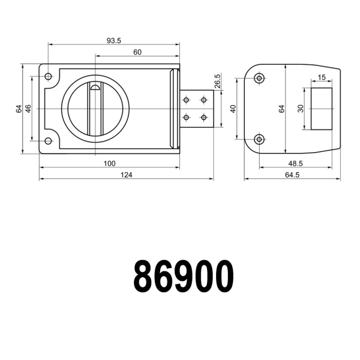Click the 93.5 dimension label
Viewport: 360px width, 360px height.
click(114, 40)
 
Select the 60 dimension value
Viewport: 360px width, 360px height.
click(137, 52)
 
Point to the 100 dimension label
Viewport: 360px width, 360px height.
click(109, 164)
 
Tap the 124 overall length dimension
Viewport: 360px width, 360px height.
click(126, 175)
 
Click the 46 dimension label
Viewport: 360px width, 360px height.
click(28, 109)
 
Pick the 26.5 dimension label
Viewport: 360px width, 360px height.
click(217, 81)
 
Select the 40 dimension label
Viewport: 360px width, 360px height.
click(233, 109)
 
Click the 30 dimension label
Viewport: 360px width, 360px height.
click(301, 108)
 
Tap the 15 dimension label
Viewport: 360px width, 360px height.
click(322, 77)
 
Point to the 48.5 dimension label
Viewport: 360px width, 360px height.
click(295, 164)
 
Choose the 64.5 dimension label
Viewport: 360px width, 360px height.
click(292, 175)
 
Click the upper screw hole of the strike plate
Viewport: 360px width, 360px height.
click(259, 78)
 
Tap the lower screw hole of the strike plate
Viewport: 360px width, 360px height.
click(259, 139)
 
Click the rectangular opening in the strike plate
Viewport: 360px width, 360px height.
click(322, 108)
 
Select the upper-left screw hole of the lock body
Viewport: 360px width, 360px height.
click(49, 77)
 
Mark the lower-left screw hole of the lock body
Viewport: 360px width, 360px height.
click(49, 141)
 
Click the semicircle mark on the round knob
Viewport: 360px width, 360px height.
click(95, 88)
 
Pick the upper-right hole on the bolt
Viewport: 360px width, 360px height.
click(204, 100)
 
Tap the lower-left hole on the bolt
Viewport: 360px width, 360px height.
click(187, 117)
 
